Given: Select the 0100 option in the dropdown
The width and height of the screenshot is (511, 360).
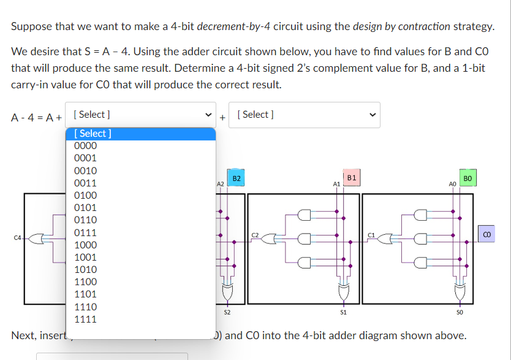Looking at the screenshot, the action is click(x=85, y=195).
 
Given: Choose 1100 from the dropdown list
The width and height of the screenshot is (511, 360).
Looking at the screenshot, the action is click(x=85, y=281).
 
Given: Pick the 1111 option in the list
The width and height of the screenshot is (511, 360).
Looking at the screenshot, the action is click(x=85, y=319).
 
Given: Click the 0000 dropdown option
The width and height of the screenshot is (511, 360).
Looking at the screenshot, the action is click(x=85, y=145).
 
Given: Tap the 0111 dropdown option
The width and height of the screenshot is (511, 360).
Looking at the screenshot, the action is click(x=85, y=232).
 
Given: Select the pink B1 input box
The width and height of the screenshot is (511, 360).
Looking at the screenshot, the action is click(x=352, y=178).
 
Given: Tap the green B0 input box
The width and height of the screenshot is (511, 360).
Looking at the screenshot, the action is click(x=467, y=178).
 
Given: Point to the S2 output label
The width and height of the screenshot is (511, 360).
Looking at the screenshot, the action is click(x=227, y=313).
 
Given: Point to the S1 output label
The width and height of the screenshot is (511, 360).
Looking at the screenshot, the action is click(x=343, y=313).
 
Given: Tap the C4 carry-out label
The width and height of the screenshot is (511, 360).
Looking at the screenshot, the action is click(x=18, y=237).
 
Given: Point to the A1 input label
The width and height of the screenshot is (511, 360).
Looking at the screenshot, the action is click(x=336, y=183).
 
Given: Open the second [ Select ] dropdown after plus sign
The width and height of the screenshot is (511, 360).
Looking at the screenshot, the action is click(x=305, y=115).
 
